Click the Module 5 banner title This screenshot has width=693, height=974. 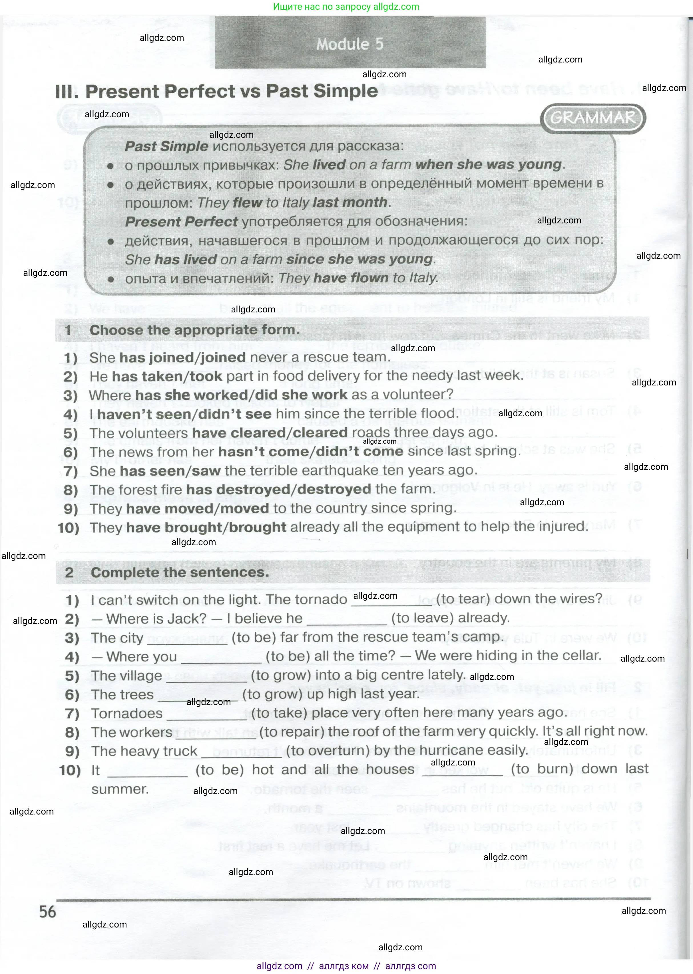pos(350,44)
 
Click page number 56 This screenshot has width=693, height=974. pos(48,911)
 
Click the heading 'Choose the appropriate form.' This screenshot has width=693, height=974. pos(194,330)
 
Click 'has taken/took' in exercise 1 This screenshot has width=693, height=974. pos(167,376)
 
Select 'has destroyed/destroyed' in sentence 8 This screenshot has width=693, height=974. pos(278,489)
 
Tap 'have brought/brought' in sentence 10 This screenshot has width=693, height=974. pos(206,527)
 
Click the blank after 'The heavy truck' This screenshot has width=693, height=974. pos(241,752)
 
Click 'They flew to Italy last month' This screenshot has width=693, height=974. pos(293,203)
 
